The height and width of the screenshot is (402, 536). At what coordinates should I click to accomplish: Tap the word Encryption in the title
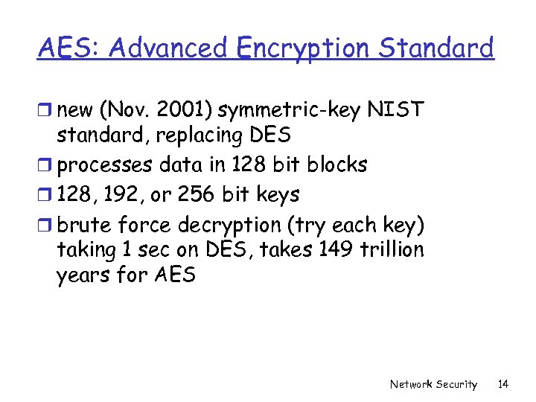click(301, 48)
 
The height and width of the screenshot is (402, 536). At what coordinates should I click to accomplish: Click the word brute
click(85, 224)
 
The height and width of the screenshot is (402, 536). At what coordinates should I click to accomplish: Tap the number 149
click(340, 250)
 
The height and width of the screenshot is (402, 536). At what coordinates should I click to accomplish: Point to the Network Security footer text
click(433, 384)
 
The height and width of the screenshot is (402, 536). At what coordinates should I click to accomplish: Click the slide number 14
click(503, 384)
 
